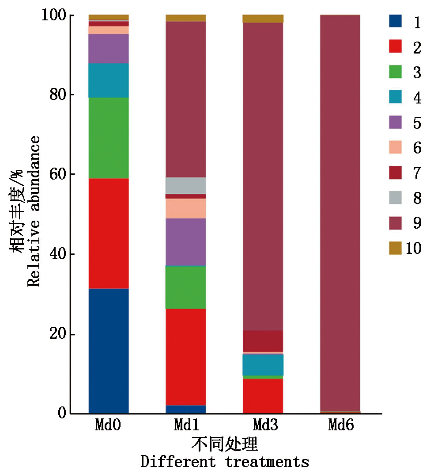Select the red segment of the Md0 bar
109,233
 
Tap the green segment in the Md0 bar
109,138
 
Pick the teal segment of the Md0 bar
109,80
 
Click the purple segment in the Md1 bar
186,241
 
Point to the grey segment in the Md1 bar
186,185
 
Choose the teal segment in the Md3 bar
263,364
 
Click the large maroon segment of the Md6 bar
340,212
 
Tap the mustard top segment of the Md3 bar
263,19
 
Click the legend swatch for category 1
395,21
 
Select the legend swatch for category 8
395,198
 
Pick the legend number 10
413,249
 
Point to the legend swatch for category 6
395,147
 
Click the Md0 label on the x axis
108,425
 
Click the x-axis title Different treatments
225,462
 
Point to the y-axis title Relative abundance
34,211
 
